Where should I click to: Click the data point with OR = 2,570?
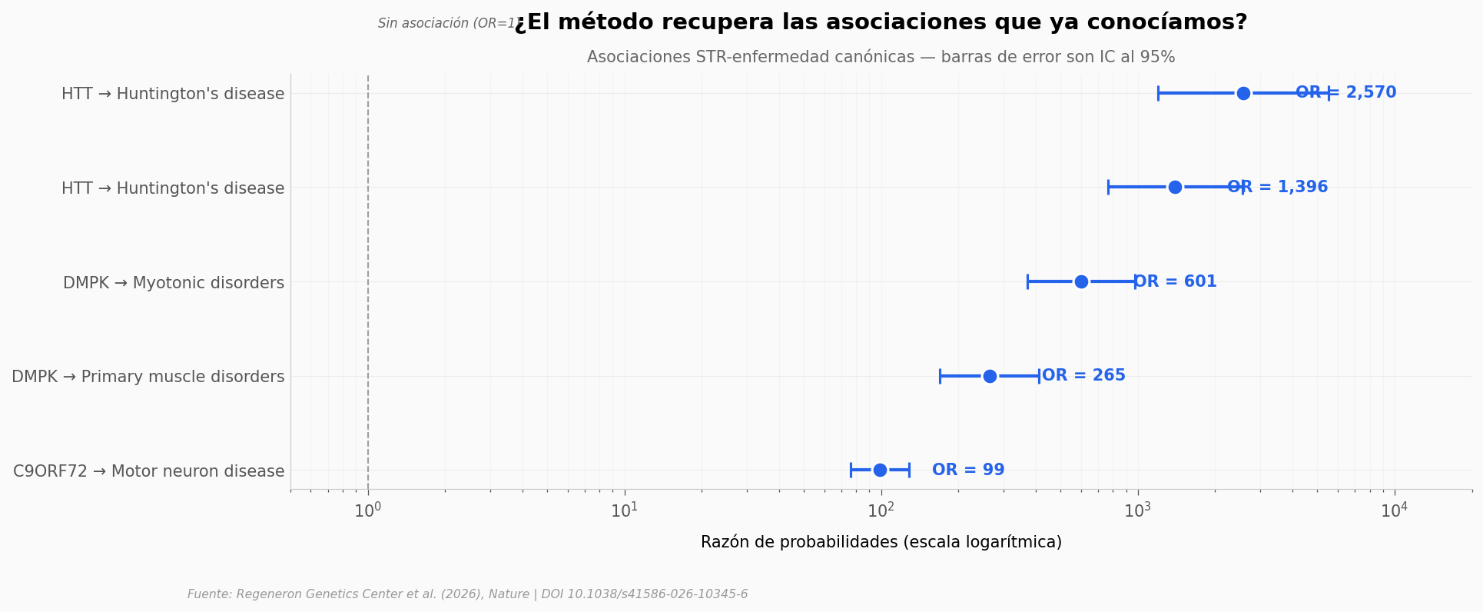click(x=1243, y=93)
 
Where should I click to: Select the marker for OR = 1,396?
click(x=1175, y=187)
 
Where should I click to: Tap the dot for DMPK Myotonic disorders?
click(x=1081, y=281)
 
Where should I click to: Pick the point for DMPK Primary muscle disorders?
click(x=990, y=376)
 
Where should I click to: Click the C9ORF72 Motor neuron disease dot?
click(x=880, y=470)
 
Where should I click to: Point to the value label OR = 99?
click(x=968, y=470)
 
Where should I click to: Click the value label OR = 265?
click(x=1083, y=376)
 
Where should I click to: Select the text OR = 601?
click(x=1176, y=281)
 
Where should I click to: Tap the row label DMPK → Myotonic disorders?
click(x=174, y=283)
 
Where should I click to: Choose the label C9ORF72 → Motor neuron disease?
click(x=149, y=471)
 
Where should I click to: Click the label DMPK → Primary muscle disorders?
click(x=148, y=377)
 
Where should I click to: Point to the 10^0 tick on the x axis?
click(x=368, y=511)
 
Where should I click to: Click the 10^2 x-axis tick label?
click(x=881, y=511)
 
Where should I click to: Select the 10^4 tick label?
click(x=1395, y=511)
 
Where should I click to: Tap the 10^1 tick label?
click(x=625, y=511)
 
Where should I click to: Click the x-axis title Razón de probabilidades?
click(x=881, y=542)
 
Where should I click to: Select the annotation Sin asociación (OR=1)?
click(x=446, y=24)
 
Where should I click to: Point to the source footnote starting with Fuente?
click(x=467, y=594)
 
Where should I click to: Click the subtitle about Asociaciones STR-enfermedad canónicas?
click(x=881, y=58)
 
